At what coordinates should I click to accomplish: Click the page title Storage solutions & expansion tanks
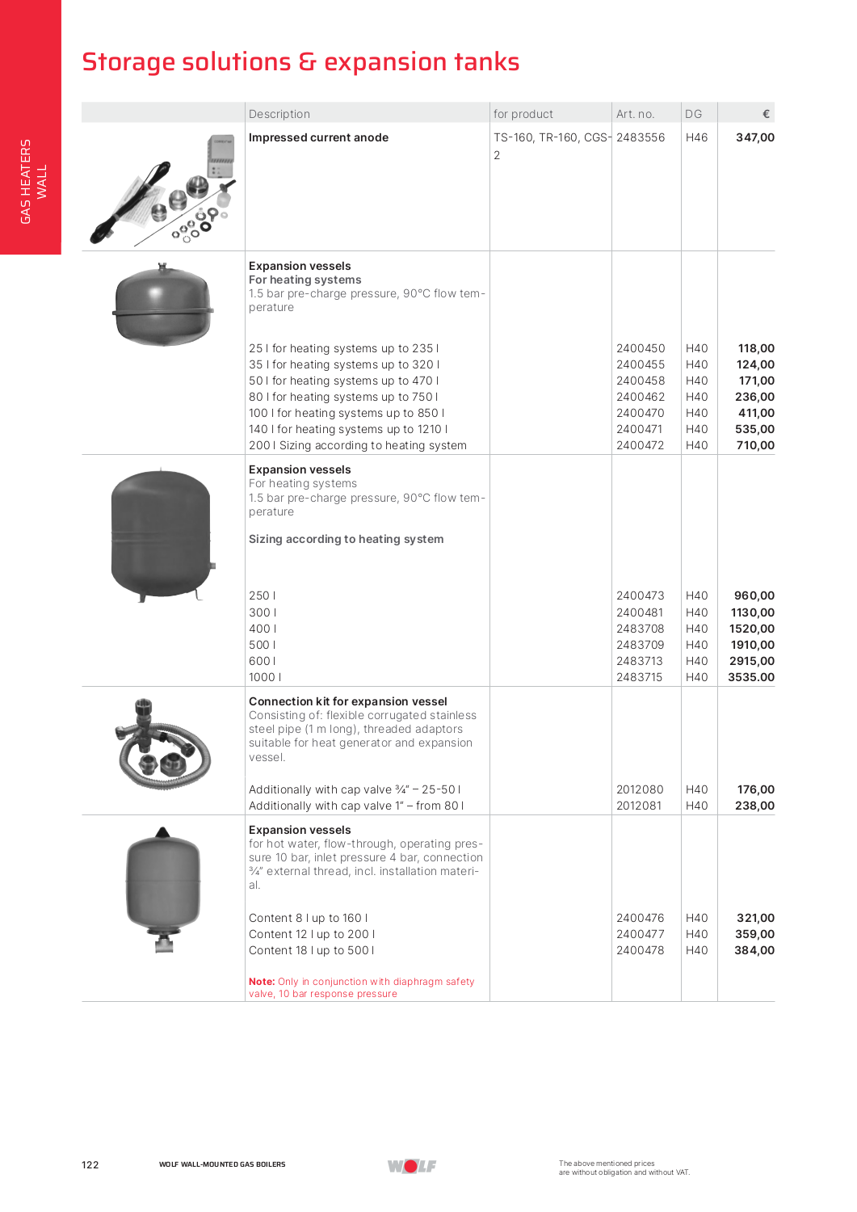tap(300, 62)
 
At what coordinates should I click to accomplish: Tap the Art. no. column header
tap(635, 114)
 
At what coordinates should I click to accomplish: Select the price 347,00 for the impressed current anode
tap(754, 137)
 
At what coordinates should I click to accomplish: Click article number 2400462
tap(640, 397)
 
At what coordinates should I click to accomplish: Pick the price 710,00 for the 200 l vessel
tap(754, 445)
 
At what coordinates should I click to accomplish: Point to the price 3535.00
tap(750, 677)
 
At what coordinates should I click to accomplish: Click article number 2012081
tap(639, 806)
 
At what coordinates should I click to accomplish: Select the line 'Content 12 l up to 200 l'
tap(312, 934)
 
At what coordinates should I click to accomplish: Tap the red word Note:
tap(262, 982)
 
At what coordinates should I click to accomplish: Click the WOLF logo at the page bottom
tap(412, 1166)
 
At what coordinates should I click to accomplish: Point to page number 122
tap(90, 1164)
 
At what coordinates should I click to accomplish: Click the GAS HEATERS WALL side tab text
tap(33, 182)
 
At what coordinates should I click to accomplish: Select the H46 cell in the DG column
tap(696, 137)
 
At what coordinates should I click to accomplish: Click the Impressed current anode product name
tap(318, 137)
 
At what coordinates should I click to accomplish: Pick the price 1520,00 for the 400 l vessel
tap(751, 629)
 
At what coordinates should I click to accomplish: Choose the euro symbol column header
tap(766, 114)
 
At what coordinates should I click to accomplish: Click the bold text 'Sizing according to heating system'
tap(346, 539)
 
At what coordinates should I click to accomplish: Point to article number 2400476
tap(640, 918)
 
